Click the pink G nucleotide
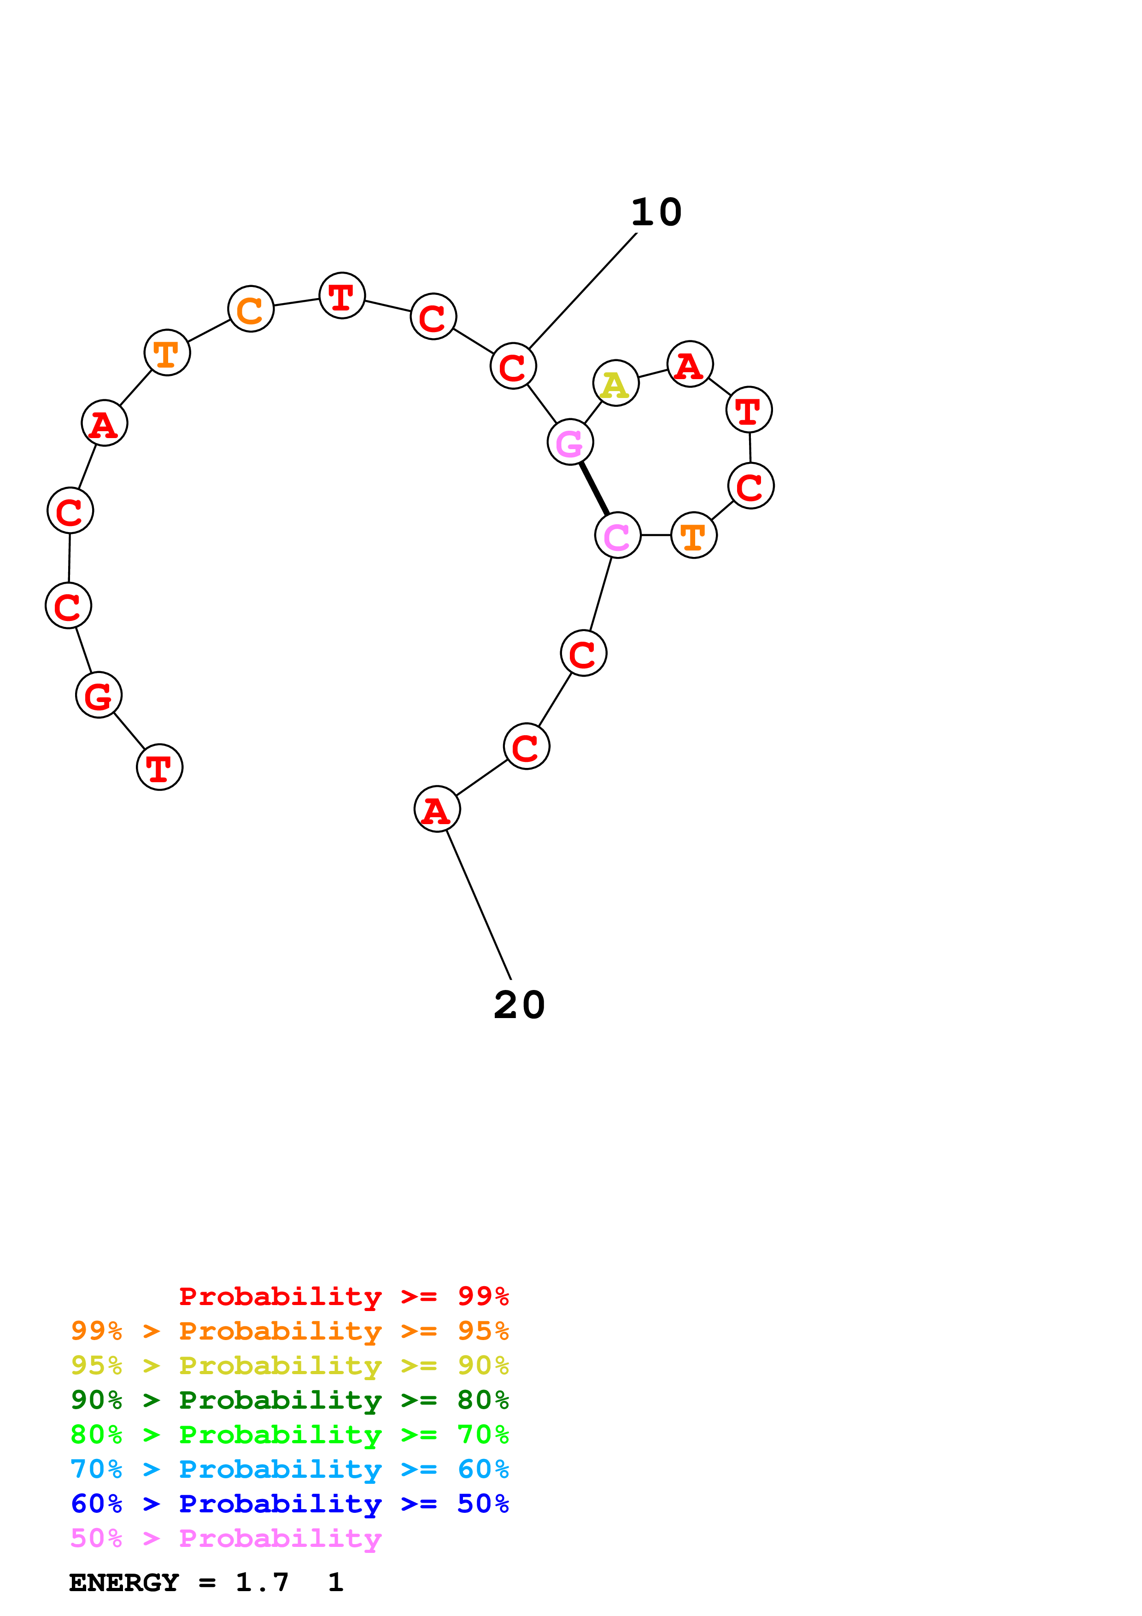click(x=570, y=442)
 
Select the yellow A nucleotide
click(x=615, y=384)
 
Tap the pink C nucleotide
click(x=617, y=536)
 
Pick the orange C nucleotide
click(x=251, y=309)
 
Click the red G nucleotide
click(x=99, y=696)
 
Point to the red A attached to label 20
click(x=437, y=809)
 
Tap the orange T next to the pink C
click(x=694, y=536)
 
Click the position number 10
click(x=656, y=212)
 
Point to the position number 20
click(x=519, y=1005)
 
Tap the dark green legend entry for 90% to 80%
click(x=289, y=1400)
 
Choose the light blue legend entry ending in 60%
click(x=289, y=1469)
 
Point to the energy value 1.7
click(x=262, y=1582)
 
